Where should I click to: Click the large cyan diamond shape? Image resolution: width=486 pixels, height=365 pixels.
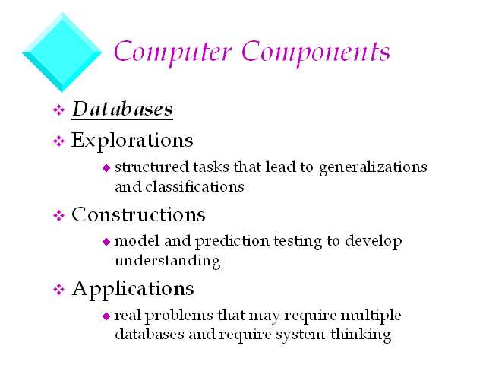(x=62, y=52)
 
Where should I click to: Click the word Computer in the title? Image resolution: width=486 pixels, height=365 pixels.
(x=173, y=52)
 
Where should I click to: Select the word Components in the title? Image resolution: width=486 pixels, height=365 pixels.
(x=316, y=52)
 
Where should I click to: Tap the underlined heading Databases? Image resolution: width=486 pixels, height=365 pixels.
(x=122, y=109)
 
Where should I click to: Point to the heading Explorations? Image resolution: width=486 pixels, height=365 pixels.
(x=132, y=141)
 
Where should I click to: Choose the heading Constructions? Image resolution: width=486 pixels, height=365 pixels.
(x=138, y=214)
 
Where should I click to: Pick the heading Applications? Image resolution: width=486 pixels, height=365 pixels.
(x=133, y=290)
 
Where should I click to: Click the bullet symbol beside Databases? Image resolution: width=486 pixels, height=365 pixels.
(x=58, y=109)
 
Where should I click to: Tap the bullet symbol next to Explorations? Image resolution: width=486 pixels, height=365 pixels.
(x=58, y=141)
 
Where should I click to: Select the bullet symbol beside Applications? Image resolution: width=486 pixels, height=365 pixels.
(x=58, y=290)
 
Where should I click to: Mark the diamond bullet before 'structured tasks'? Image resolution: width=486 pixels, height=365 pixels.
(x=106, y=168)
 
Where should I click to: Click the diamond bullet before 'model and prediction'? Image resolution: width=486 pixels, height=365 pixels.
(x=106, y=242)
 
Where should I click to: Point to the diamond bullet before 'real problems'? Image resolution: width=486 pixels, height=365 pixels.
(x=106, y=316)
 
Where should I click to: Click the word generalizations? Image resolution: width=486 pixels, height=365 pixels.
(x=373, y=167)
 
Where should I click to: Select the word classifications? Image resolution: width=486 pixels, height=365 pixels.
(x=194, y=186)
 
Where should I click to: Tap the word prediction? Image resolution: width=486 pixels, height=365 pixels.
(x=232, y=242)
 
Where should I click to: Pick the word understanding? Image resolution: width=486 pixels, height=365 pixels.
(x=167, y=261)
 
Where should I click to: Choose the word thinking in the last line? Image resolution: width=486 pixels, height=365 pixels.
(x=361, y=335)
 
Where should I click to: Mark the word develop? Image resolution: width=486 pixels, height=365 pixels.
(x=374, y=242)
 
